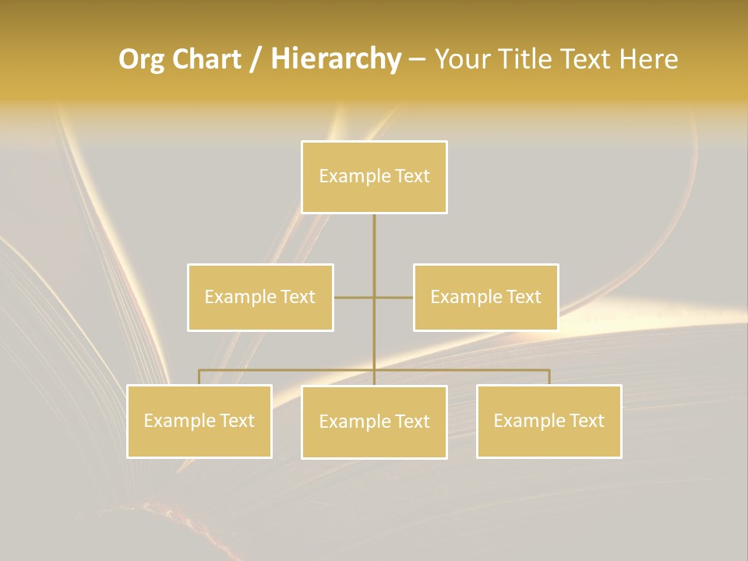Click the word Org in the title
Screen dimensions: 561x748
(141, 60)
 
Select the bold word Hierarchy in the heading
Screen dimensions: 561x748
(335, 60)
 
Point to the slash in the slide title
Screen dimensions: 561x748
(256, 60)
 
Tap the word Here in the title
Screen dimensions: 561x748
(648, 60)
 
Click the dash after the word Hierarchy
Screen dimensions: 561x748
(417, 60)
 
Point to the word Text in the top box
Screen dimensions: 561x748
(412, 176)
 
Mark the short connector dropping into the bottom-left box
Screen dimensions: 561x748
(199, 377)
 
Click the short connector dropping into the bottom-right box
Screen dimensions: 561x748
(549, 377)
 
